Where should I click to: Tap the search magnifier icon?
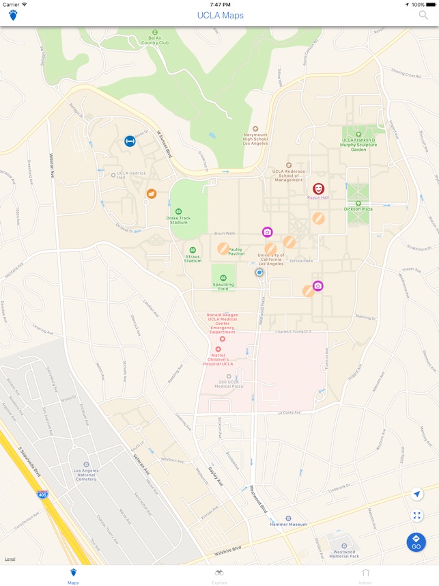(x=424, y=15)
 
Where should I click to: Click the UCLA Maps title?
(x=220, y=15)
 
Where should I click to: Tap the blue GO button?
(x=416, y=542)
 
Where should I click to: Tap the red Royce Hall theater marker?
(x=318, y=189)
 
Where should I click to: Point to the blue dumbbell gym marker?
(x=130, y=141)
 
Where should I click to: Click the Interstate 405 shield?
(x=42, y=494)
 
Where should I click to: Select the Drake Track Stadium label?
(x=178, y=220)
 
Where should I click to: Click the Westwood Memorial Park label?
(x=345, y=553)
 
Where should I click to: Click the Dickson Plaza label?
(x=358, y=208)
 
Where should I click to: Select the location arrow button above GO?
(x=417, y=494)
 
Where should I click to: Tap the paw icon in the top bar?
(x=13, y=15)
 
